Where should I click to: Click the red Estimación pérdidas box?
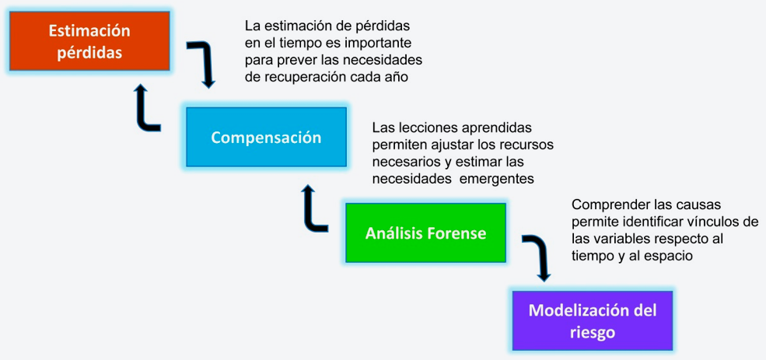click(89, 41)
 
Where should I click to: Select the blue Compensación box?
click(266, 138)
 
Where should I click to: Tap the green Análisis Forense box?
click(425, 233)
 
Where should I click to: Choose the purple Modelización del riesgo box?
click(593, 321)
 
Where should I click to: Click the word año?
click(397, 78)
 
